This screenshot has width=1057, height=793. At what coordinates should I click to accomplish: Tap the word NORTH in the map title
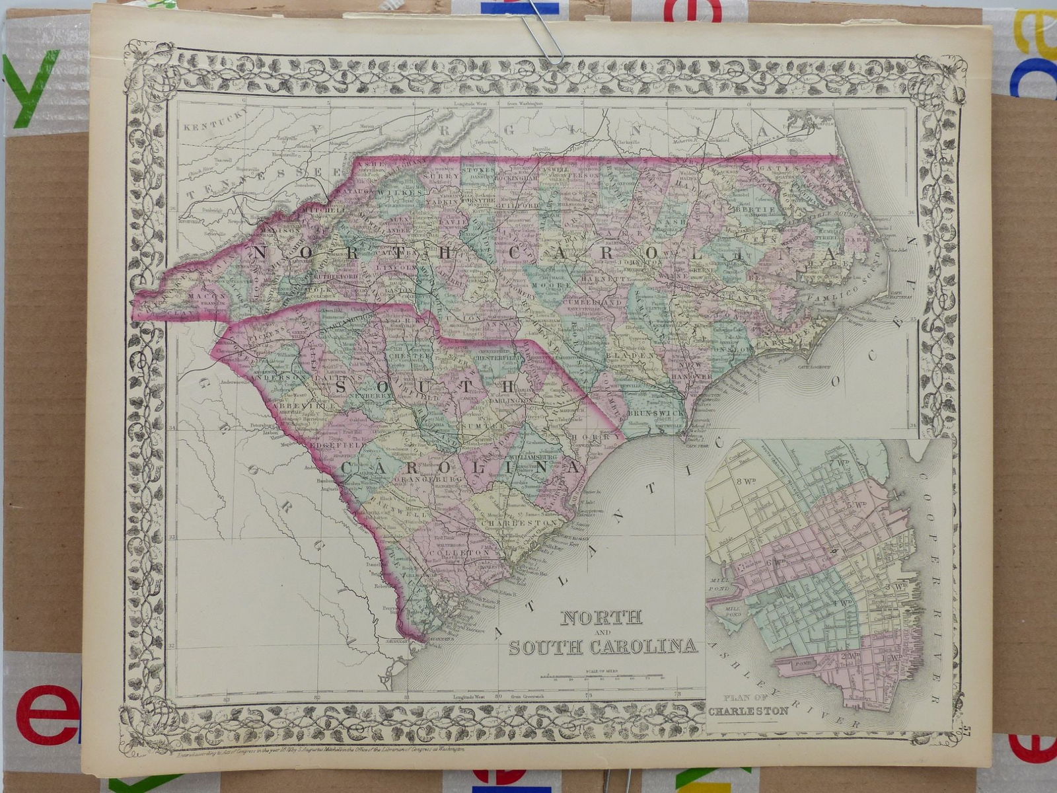(x=601, y=617)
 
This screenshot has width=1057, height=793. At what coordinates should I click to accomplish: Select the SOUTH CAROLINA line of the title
(x=602, y=645)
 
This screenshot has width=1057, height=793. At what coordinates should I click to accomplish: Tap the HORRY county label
(x=590, y=437)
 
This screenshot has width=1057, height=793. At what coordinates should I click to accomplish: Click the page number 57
(x=966, y=730)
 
